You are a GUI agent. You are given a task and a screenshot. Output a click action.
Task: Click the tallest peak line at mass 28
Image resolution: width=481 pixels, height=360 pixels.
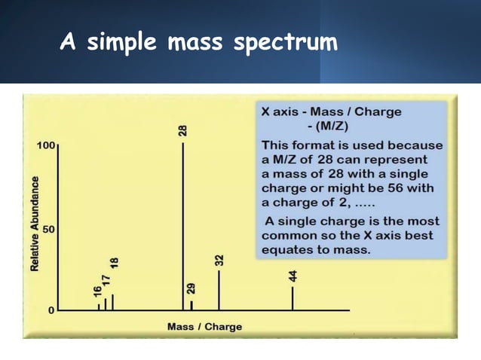point(183,226)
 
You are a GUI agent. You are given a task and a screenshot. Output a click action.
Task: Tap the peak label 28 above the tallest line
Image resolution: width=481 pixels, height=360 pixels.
point(182,130)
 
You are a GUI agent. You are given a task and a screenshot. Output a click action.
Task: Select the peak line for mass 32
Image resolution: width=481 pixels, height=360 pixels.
point(219,290)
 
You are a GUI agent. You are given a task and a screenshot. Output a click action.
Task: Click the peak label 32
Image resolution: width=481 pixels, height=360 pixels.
point(219,261)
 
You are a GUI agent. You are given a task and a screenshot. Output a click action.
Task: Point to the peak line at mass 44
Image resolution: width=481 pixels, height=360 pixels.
point(293,298)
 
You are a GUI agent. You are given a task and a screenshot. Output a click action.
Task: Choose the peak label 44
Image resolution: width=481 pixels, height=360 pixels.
point(293,276)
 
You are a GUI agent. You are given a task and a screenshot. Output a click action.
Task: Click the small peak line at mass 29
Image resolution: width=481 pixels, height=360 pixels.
point(191,305)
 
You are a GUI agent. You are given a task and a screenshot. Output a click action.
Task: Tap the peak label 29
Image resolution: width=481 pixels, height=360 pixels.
point(191,289)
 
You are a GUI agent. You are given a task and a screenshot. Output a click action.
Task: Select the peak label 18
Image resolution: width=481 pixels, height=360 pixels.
point(114,264)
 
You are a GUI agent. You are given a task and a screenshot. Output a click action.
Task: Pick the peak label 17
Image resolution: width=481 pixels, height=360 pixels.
point(106,278)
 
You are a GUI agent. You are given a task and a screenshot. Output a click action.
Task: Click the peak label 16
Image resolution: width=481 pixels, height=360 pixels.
point(98,291)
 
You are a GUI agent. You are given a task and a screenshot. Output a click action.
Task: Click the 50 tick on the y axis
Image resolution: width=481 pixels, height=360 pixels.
point(48,227)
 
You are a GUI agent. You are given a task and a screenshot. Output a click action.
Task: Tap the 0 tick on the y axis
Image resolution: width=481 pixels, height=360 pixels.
point(51,310)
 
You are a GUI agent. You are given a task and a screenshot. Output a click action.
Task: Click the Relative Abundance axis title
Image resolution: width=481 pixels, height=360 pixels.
point(34,224)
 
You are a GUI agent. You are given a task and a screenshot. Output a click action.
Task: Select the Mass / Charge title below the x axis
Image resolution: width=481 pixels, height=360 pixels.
point(204,327)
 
